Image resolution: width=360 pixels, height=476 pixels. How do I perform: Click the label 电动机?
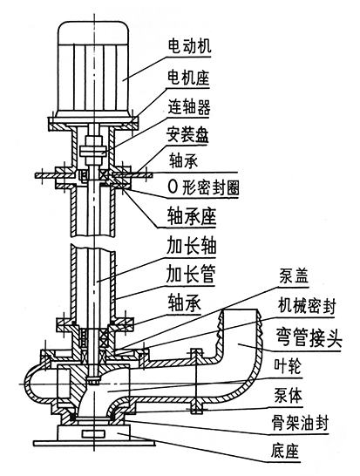[x=189, y=46]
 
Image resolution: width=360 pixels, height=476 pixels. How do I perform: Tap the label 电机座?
[x=188, y=78]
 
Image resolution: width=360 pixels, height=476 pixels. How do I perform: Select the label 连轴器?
[x=189, y=106]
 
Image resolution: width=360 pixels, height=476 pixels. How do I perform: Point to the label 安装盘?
[x=187, y=135]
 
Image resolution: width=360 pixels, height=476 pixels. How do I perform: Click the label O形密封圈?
[x=203, y=188]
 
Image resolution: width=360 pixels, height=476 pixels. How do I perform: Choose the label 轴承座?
[x=191, y=216]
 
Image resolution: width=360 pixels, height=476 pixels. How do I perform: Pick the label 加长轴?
[x=191, y=245]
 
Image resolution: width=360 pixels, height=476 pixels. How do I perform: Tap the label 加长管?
[x=190, y=275]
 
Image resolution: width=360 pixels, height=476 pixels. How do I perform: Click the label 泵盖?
[x=294, y=276]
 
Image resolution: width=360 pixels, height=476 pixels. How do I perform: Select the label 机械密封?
[x=307, y=306]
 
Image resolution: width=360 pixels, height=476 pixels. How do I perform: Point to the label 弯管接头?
[x=309, y=337]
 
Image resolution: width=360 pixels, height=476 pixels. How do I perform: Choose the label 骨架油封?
[x=300, y=423]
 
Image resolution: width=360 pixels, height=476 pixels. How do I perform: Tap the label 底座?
[x=285, y=451]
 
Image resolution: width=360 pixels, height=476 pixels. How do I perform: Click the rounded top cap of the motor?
[x=94, y=32]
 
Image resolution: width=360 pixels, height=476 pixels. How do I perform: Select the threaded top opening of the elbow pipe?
[x=241, y=310]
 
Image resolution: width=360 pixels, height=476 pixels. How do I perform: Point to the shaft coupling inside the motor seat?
[x=93, y=150]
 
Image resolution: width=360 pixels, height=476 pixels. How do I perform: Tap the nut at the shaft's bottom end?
[x=94, y=380]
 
